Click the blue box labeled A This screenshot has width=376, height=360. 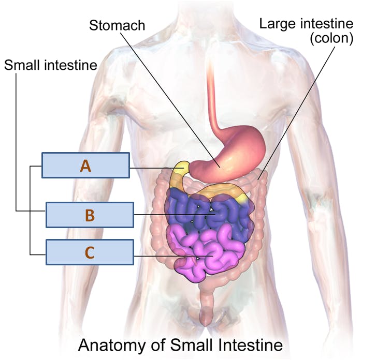85,166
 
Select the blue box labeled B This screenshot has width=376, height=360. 90,215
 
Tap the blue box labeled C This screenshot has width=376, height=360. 90,252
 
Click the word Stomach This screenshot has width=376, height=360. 117,25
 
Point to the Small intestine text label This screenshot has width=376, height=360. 51,65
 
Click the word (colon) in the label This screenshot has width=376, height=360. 331,38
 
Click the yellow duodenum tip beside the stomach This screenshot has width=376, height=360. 183,166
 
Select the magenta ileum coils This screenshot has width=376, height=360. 206,254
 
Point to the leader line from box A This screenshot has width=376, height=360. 157,168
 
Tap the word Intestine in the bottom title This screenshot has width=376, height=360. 249,345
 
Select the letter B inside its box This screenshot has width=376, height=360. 90,215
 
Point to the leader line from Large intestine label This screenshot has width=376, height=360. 297,113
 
